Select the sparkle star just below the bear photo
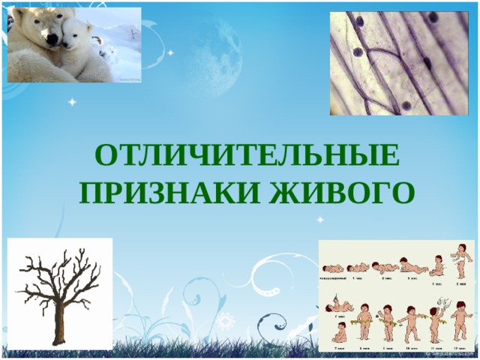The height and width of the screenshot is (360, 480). [72, 101]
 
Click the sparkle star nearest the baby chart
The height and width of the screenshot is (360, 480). [320, 220]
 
